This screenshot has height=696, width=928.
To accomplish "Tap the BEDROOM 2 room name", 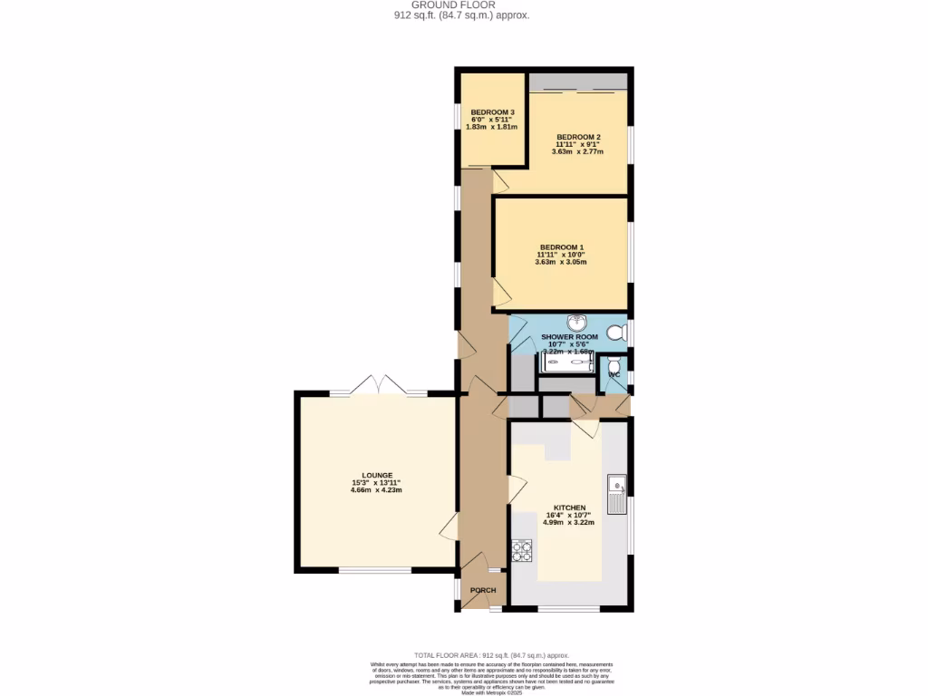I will point(578,137).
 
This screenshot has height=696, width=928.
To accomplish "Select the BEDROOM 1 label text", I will point(561,247).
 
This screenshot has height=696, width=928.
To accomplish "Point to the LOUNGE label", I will point(377,475).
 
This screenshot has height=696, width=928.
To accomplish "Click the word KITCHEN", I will point(570,507).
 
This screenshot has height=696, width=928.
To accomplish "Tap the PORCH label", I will point(482,591).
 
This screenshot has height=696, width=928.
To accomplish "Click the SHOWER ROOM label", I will point(570,336).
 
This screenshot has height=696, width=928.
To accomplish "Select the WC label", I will point(614,374).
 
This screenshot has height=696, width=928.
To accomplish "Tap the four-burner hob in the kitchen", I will point(523,550).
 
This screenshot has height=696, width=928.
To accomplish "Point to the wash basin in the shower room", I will point(577,322).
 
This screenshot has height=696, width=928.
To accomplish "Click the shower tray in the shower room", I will point(567,363).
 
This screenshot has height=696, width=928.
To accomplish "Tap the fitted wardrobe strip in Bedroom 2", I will point(577,82).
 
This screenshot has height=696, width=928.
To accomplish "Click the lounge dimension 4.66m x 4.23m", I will point(377,490).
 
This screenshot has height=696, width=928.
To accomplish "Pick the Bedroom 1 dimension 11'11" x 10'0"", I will point(561,256).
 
